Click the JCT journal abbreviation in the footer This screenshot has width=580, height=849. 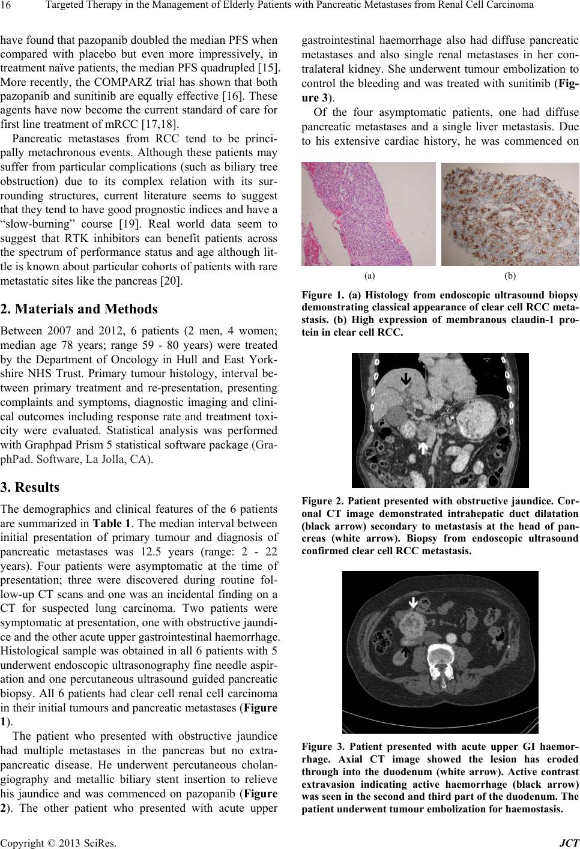(570, 842)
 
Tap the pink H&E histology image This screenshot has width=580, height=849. (368, 214)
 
